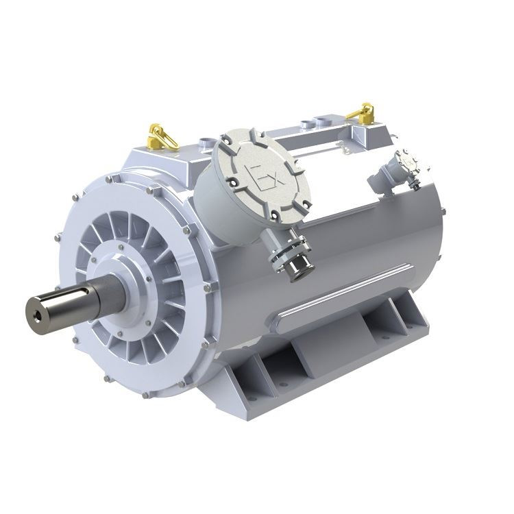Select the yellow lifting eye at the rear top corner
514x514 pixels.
[363, 112]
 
